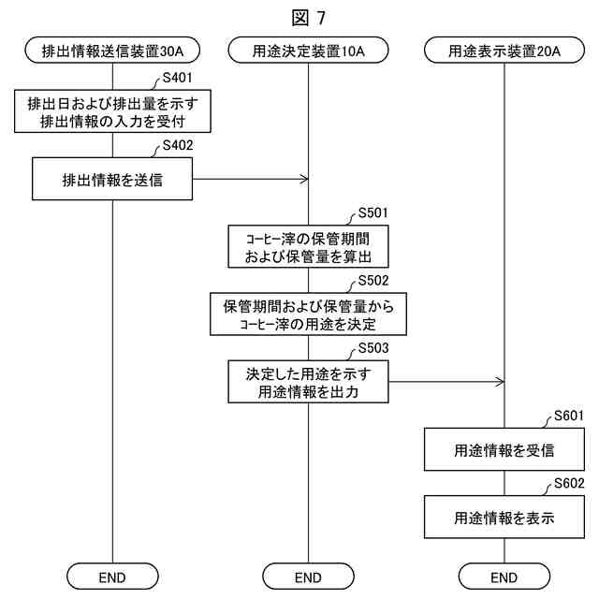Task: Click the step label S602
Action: tap(569, 483)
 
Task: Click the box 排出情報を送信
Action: tap(112, 179)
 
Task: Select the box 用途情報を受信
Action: tap(504, 449)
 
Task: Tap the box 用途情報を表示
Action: tap(504, 516)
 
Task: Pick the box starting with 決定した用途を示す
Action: tap(308, 382)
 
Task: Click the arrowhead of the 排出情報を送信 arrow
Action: tap(304, 179)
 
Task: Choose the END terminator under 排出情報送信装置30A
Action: tap(112, 576)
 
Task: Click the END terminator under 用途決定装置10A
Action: tap(308, 576)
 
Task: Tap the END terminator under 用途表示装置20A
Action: tap(504, 576)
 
